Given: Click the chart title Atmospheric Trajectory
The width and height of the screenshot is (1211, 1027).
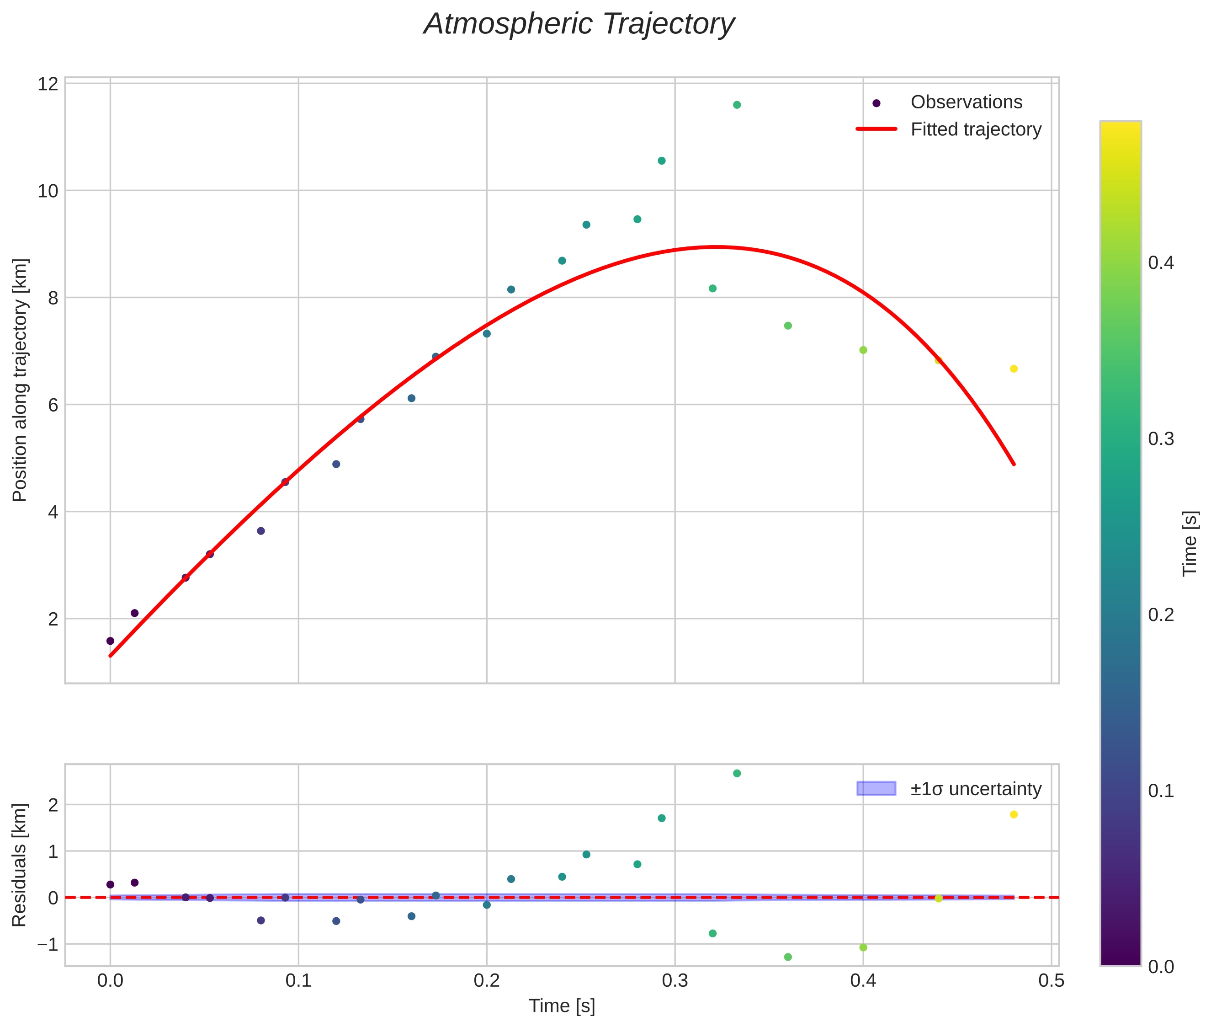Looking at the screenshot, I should click(579, 24).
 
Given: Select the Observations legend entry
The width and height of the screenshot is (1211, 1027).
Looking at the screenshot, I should click(966, 102).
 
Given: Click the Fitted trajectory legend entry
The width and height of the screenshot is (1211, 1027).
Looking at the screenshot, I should click(975, 129).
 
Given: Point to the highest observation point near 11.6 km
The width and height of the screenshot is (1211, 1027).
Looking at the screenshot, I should click(737, 105).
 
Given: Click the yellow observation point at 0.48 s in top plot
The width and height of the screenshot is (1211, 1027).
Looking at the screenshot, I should click(1014, 369).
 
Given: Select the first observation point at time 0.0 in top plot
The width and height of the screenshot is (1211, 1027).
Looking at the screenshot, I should click(111, 641).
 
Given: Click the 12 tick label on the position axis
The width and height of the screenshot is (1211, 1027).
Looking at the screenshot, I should click(48, 84).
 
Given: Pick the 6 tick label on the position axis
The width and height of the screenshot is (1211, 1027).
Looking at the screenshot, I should click(53, 405).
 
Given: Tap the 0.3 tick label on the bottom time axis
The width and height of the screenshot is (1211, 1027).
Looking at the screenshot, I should click(675, 981).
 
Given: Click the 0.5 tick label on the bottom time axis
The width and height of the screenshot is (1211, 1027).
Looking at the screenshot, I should click(1051, 981).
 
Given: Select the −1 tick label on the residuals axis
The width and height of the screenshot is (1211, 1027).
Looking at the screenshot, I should click(48, 944).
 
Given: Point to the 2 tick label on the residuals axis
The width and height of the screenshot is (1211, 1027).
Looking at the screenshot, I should click(53, 806).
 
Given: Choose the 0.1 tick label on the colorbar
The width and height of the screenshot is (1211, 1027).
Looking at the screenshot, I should click(1160, 791).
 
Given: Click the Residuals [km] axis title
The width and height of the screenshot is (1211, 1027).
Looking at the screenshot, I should click(20, 865).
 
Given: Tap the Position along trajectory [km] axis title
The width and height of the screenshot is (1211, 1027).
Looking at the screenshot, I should click(20, 380).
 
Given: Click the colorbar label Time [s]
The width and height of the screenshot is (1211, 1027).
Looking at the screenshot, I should click(1190, 543).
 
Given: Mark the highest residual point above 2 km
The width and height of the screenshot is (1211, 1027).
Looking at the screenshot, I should click(737, 773).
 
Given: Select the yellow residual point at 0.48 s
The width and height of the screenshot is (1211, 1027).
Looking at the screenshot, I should click(1014, 814).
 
